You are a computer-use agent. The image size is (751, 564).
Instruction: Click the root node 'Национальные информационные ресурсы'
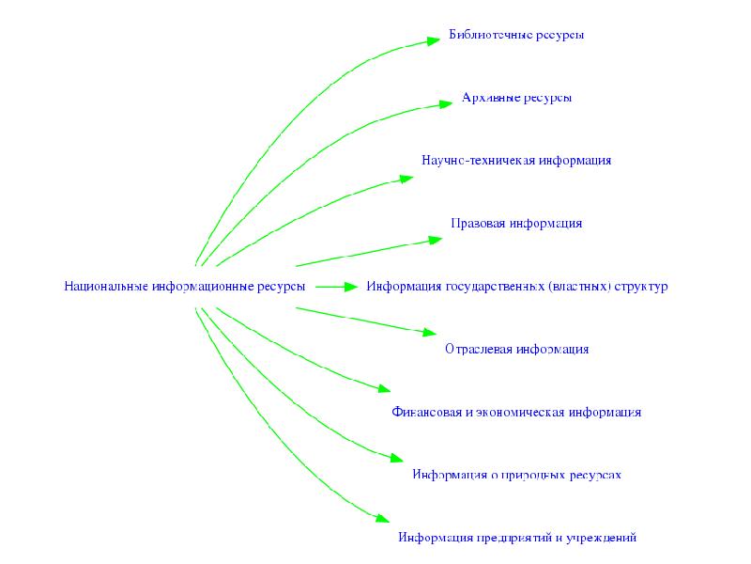click(x=185, y=286)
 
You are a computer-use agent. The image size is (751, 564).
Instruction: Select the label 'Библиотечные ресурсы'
click(x=516, y=35)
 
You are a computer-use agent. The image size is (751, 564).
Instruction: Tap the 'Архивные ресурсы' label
click(x=516, y=98)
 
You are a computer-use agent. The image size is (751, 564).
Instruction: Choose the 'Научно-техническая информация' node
click(x=516, y=161)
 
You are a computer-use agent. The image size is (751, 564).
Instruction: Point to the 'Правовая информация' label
click(x=516, y=224)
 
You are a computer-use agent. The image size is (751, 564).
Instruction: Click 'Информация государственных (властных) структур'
click(x=516, y=286)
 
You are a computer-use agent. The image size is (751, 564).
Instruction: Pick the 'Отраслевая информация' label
click(x=516, y=349)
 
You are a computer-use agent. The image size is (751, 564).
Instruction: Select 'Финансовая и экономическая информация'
click(x=516, y=412)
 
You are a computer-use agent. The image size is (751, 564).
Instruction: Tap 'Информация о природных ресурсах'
click(x=516, y=475)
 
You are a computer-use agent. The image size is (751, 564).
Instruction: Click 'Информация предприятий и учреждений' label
click(x=516, y=538)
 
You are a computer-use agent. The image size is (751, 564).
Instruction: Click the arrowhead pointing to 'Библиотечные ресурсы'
click(x=433, y=40)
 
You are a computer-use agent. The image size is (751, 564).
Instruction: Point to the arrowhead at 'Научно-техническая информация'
click(x=406, y=177)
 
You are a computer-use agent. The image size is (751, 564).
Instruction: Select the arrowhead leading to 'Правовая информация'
click(x=435, y=240)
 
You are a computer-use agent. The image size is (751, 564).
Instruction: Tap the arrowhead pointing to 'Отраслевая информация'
click(x=429, y=333)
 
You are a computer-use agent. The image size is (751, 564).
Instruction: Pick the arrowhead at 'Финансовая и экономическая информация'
click(x=382, y=388)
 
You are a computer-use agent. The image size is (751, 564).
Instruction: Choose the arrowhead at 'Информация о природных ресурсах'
click(x=396, y=459)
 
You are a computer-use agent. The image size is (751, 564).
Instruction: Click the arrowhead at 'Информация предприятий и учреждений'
click(x=382, y=517)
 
